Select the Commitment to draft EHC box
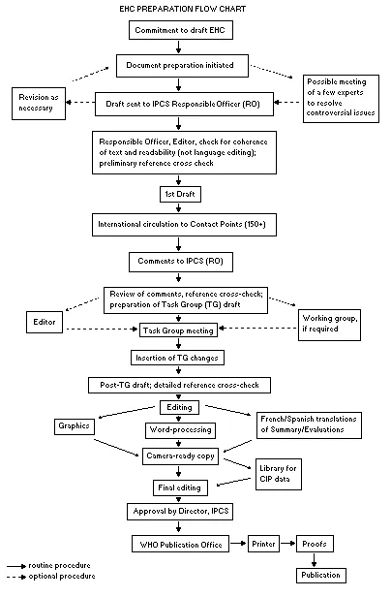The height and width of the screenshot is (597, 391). point(181,31)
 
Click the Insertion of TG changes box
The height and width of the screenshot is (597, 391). point(181,358)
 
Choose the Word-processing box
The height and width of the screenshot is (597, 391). point(180,428)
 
